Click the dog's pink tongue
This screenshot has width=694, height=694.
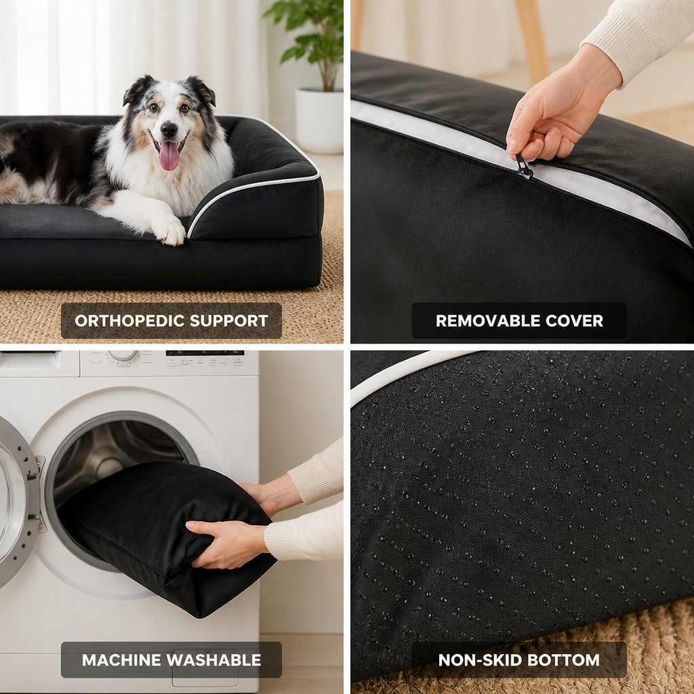[169, 156]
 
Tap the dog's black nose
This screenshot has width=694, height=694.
[169, 129]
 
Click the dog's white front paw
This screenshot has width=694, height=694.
[170, 232]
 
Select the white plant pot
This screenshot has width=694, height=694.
[319, 121]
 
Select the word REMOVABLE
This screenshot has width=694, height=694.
[487, 321]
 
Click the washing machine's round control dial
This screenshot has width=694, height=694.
[123, 355]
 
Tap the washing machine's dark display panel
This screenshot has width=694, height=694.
[205, 353]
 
